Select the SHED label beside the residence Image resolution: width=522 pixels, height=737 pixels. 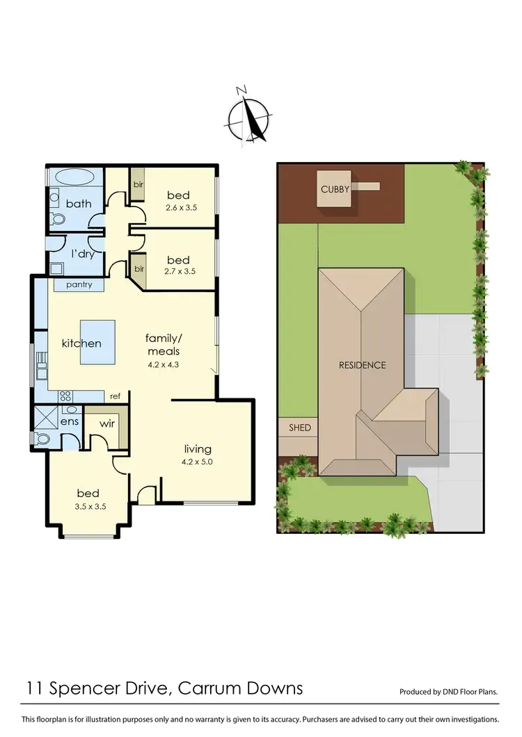[300, 428]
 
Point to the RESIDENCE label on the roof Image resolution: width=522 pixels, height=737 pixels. [362, 365]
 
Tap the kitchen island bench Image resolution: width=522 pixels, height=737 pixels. [98, 343]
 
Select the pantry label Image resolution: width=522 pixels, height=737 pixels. [80, 285]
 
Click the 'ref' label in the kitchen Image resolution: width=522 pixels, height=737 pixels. [116, 396]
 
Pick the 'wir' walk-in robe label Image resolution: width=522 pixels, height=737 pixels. [107, 423]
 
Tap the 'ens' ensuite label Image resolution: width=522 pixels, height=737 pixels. [70, 421]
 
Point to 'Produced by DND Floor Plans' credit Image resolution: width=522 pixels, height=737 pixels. [448, 693]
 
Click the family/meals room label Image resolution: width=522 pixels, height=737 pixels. [163, 344]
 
